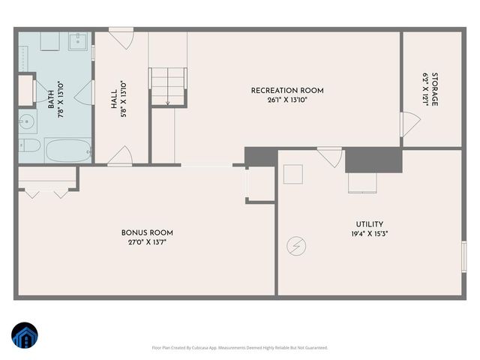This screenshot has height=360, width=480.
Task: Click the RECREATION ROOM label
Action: click(286, 91)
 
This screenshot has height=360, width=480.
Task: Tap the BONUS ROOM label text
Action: click(147, 232)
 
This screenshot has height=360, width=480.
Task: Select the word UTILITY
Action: click(370, 224)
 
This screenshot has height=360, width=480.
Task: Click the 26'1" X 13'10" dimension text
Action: click(286, 100)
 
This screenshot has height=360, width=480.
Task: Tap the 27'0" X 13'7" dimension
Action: click(147, 242)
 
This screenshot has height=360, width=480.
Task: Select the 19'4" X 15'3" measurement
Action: click(370, 233)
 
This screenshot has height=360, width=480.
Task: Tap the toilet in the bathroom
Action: click(29, 145)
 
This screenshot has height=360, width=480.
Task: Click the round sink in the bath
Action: click(27, 119)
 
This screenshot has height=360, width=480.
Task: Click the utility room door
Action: click(329, 157)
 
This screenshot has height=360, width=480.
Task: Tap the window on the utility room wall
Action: click(464, 256)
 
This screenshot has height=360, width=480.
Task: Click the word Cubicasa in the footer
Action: click(202, 347)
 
